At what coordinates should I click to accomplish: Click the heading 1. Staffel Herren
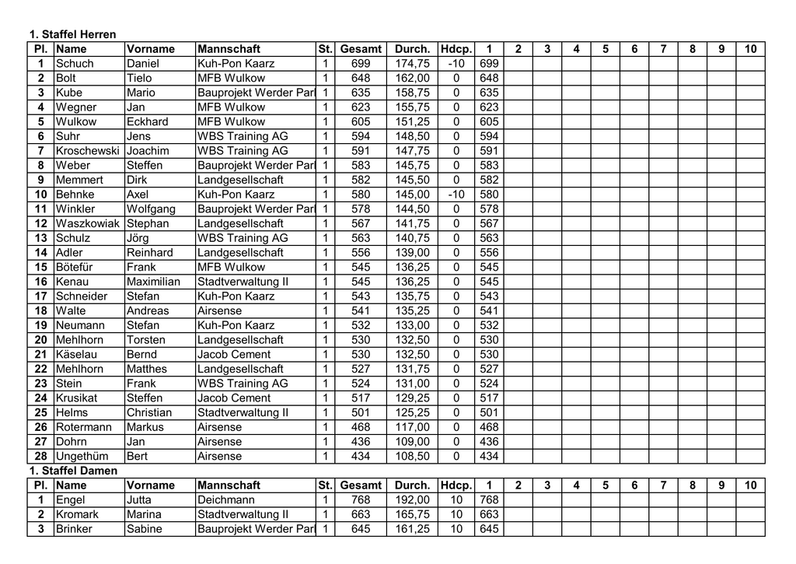tap(72, 34)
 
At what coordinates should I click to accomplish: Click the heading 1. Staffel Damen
tap(73, 471)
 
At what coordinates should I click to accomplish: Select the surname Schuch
tap(75, 64)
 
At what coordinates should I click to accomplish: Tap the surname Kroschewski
tap(87, 151)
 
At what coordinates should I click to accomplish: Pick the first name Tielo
tap(139, 78)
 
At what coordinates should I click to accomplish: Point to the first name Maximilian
tap(153, 282)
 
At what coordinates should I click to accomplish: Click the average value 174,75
tap(412, 64)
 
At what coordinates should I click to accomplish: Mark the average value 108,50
tap(412, 456)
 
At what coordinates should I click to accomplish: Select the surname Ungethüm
tap(82, 456)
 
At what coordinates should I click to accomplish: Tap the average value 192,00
tap(412, 499)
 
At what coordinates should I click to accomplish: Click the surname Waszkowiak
tap(88, 223)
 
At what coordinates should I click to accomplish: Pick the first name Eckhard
tap(147, 121)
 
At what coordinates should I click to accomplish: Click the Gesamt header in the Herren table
tap(361, 49)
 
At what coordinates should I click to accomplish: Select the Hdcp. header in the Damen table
tap(456, 485)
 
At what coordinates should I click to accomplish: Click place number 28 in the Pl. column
tap(41, 456)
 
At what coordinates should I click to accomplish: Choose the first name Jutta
tap(139, 499)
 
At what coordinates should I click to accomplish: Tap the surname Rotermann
tap(84, 427)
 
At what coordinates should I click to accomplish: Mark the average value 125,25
tap(412, 412)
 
